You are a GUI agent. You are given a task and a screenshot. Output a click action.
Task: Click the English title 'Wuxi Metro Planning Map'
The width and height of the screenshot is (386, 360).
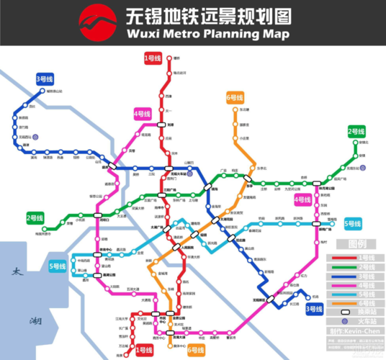click(208, 34)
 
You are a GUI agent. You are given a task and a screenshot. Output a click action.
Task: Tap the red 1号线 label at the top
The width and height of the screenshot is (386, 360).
click(152, 58)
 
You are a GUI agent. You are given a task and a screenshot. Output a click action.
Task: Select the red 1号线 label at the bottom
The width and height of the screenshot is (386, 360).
click(144, 351)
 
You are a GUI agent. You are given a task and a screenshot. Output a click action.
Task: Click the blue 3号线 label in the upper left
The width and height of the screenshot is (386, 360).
click(45, 78)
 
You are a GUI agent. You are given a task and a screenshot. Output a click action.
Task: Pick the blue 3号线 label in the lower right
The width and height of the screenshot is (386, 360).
click(314, 310)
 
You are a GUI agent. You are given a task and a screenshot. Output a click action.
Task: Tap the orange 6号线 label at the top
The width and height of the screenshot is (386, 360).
click(234, 96)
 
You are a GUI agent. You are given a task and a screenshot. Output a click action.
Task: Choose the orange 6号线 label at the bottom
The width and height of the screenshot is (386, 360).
click(196, 351)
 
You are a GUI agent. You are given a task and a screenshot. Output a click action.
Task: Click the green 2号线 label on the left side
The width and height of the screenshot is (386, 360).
click(35, 217)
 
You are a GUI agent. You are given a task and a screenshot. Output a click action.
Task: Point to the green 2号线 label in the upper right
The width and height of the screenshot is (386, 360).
click(356, 131)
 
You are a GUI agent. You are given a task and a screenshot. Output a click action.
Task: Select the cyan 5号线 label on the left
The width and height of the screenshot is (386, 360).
click(57, 266)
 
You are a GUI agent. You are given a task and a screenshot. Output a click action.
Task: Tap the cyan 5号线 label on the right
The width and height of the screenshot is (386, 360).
click(352, 223)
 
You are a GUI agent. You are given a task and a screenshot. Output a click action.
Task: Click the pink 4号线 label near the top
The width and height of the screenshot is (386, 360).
click(141, 114)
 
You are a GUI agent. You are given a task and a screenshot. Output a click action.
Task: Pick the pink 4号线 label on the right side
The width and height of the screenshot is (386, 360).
click(302, 199)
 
